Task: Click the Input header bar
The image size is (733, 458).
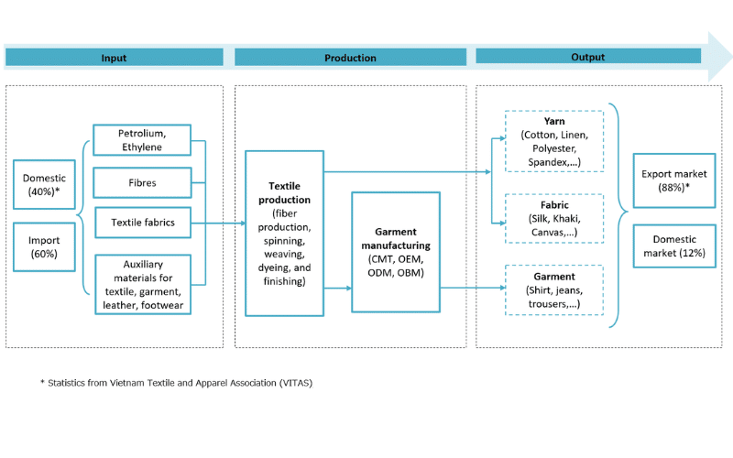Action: pyautogui.click(x=114, y=58)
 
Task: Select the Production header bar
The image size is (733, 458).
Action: pyautogui.click(x=350, y=58)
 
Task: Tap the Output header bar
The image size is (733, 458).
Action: pyautogui.click(x=587, y=57)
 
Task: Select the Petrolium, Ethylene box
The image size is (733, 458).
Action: pyautogui.click(x=143, y=140)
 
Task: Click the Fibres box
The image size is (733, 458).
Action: pyautogui.click(x=143, y=182)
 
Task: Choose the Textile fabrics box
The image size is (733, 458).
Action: pyautogui.click(x=143, y=223)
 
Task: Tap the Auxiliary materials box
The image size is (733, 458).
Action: pyautogui.click(x=143, y=284)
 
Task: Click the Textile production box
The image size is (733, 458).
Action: pyautogui.click(x=284, y=234)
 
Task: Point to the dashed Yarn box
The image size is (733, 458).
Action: pyautogui.click(x=554, y=141)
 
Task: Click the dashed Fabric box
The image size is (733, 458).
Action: pyautogui.click(x=554, y=219)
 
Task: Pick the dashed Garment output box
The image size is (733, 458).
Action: pyautogui.click(x=554, y=289)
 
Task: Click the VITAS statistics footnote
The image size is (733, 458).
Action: pyautogui.click(x=176, y=383)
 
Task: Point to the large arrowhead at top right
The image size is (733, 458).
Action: pyautogui.click(x=717, y=55)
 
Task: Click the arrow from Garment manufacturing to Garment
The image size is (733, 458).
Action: pyautogui.click(x=472, y=288)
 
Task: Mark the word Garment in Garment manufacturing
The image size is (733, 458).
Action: pyautogui.click(x=396, y=234)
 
